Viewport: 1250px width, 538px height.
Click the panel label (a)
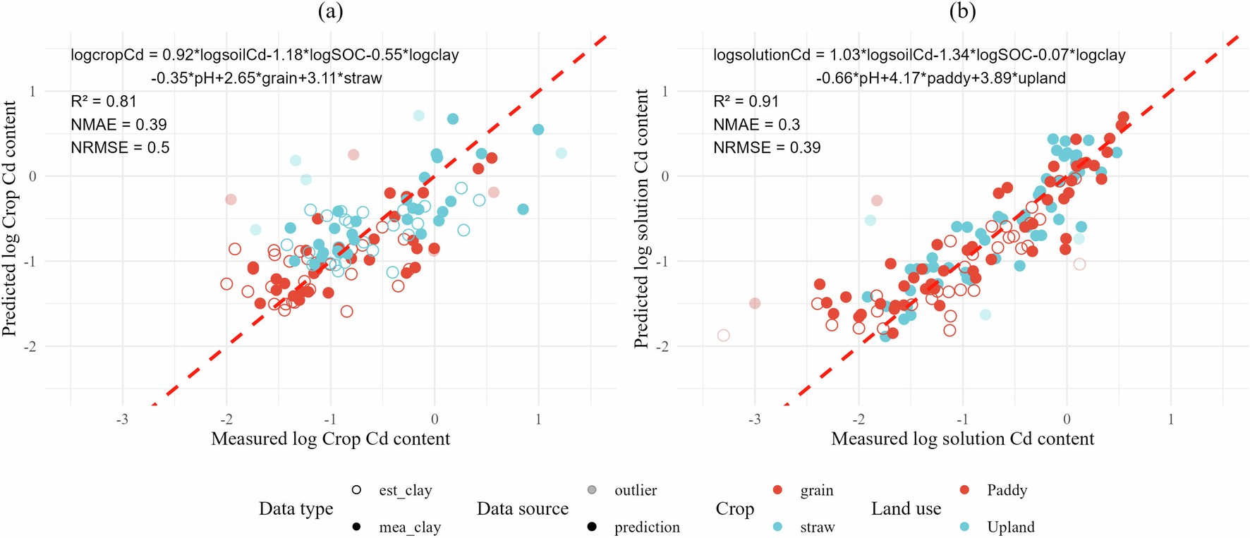(x=330, y=11)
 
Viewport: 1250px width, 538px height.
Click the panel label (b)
(x=962, y=11)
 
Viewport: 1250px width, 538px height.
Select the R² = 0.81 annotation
(x=104, y=102)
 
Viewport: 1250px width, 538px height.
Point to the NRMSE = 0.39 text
(x=767, y=147)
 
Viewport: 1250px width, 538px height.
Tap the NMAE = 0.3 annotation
(x=756, y=125)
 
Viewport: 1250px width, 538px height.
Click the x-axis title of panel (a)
(x=330, y=439)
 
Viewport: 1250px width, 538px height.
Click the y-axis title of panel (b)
(x=641, y=219)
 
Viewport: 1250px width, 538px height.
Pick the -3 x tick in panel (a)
(x=122, y=420)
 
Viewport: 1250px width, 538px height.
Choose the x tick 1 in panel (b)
(x=1171, y=420)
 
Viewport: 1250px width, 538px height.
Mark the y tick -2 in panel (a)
(x=30, y=347)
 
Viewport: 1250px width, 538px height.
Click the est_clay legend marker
(x=357, y=490)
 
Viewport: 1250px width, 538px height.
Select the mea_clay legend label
(x=409, y=527)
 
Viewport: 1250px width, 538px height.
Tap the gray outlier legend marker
(x=592, y=490)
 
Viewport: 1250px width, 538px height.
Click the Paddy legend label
(x=1007, y=490)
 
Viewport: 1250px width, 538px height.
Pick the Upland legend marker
(x=965, y=527)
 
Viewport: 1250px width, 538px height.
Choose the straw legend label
(x=817, y=527)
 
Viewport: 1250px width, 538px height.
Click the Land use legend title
(x=906, y=508)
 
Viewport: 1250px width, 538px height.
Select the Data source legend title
(x=522, y=508)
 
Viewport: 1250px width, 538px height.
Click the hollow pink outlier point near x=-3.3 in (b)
(x=723, y=336)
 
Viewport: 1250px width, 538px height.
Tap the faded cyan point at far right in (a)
(x=561, y=153)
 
